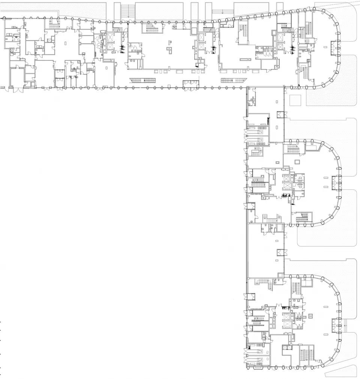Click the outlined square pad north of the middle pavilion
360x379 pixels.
point(295,100)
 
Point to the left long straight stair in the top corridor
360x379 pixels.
point(142,79)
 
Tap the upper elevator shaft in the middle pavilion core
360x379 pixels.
point(287,176)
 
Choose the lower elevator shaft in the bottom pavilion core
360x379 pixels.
point(287,323)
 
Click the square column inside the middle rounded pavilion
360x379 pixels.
point(298,162)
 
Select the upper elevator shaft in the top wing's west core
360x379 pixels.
point(112,37)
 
